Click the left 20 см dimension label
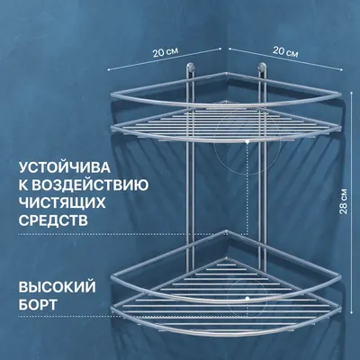coord(166,52)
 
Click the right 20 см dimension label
coord(285,52)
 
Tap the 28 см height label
coord(344,202)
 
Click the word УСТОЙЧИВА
coord(65,167)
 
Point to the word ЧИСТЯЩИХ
coord(62,202)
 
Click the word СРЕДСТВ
coord(53,220)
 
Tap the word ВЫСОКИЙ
coord(58,286)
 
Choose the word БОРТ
coord(38,304)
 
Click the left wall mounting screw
coord(191,67)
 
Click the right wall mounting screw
coord(262,67)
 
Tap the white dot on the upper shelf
coord(247,140)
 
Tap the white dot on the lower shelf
coord(247,298)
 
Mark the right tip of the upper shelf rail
coord(341,95)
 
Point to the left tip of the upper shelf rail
coord(112,95)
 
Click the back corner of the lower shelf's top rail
coord(227,231)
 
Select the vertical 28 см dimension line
coord(351,203)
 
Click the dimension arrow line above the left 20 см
coord(165,59)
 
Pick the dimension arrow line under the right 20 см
coord(286,59)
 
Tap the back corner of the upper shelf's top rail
coord(227,74)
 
